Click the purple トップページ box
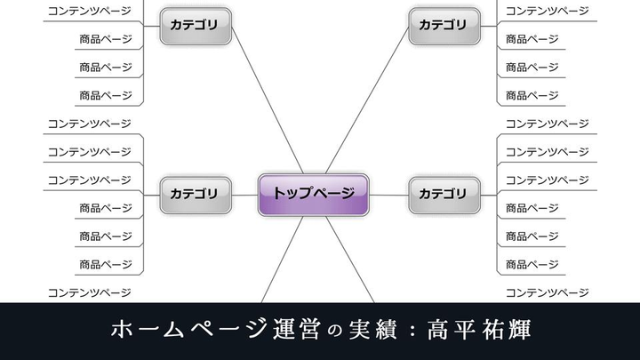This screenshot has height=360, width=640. click(313, 192)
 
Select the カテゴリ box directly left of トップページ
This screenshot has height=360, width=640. click(195, 193)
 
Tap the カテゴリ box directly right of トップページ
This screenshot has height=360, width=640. click(444, 193)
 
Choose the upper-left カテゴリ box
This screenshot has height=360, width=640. click(195, 25)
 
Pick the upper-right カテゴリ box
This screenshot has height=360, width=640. click(444, 25)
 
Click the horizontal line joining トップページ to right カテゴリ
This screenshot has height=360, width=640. click(388, 194)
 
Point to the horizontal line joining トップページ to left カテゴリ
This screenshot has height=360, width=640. click(244, 194)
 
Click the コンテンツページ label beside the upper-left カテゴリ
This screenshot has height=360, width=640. click(89, 11)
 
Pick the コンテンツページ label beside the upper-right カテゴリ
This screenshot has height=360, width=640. click(547, 11)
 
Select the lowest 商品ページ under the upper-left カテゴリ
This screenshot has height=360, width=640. click(105, 95)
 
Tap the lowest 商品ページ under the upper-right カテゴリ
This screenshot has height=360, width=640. click(532, 95)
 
